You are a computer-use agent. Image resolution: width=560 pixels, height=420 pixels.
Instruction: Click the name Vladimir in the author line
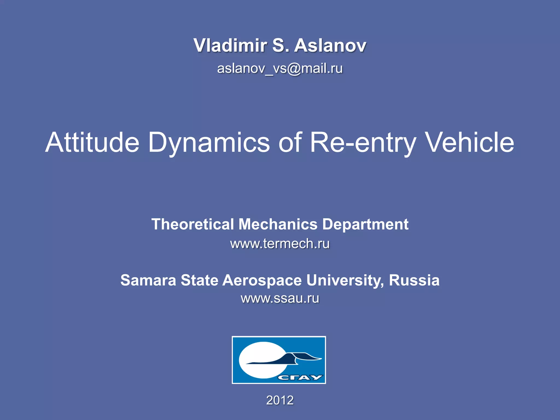point(230,45)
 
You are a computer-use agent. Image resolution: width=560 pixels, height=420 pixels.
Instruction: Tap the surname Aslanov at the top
point(330,45)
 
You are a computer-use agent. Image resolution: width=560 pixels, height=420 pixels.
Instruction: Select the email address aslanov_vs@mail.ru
point(280,68)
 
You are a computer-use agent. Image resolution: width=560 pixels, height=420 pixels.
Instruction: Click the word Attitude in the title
point(92,142)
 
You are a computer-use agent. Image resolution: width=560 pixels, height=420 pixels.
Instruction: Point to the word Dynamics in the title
point(209,142)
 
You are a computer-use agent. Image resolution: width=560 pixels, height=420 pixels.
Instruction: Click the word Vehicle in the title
point(470,142)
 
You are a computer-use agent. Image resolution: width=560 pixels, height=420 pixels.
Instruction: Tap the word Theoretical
point(193,224)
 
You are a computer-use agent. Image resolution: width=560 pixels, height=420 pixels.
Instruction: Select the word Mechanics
point(278,224)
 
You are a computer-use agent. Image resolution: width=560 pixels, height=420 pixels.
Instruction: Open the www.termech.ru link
point(280,244)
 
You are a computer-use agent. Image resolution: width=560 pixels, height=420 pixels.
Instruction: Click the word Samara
point(148,280)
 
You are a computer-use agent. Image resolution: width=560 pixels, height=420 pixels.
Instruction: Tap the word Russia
point(414,280)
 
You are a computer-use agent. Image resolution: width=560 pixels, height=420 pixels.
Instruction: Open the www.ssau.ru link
point(280,298)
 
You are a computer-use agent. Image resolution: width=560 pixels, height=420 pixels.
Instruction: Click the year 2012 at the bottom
point(280,400)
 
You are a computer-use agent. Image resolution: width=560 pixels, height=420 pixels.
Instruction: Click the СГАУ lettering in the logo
point(300,378)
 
